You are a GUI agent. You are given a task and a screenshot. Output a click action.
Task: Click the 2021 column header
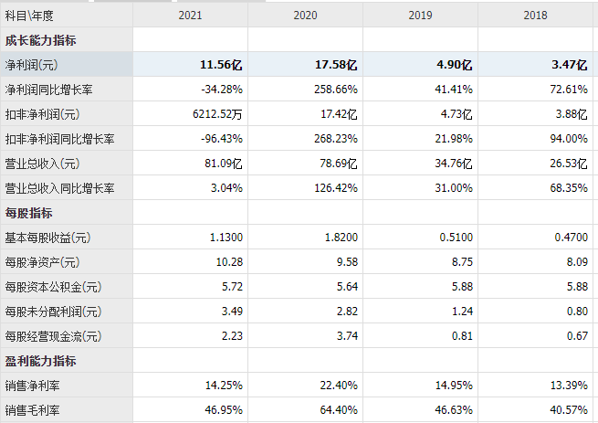190,16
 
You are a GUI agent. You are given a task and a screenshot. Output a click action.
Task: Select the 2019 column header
420,16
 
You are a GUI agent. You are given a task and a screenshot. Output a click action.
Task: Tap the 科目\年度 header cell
30,16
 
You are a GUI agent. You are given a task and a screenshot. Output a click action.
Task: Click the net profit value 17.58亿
335,65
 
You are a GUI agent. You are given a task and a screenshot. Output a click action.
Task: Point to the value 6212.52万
217,114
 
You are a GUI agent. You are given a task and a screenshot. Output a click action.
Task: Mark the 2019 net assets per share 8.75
459,262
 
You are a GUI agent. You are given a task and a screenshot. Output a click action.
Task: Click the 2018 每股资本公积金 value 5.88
574,287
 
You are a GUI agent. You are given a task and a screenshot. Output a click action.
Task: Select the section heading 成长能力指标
41,40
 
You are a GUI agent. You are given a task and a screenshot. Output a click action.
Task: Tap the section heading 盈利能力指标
41,361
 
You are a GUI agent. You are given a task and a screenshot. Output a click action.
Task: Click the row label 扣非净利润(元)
43,114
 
